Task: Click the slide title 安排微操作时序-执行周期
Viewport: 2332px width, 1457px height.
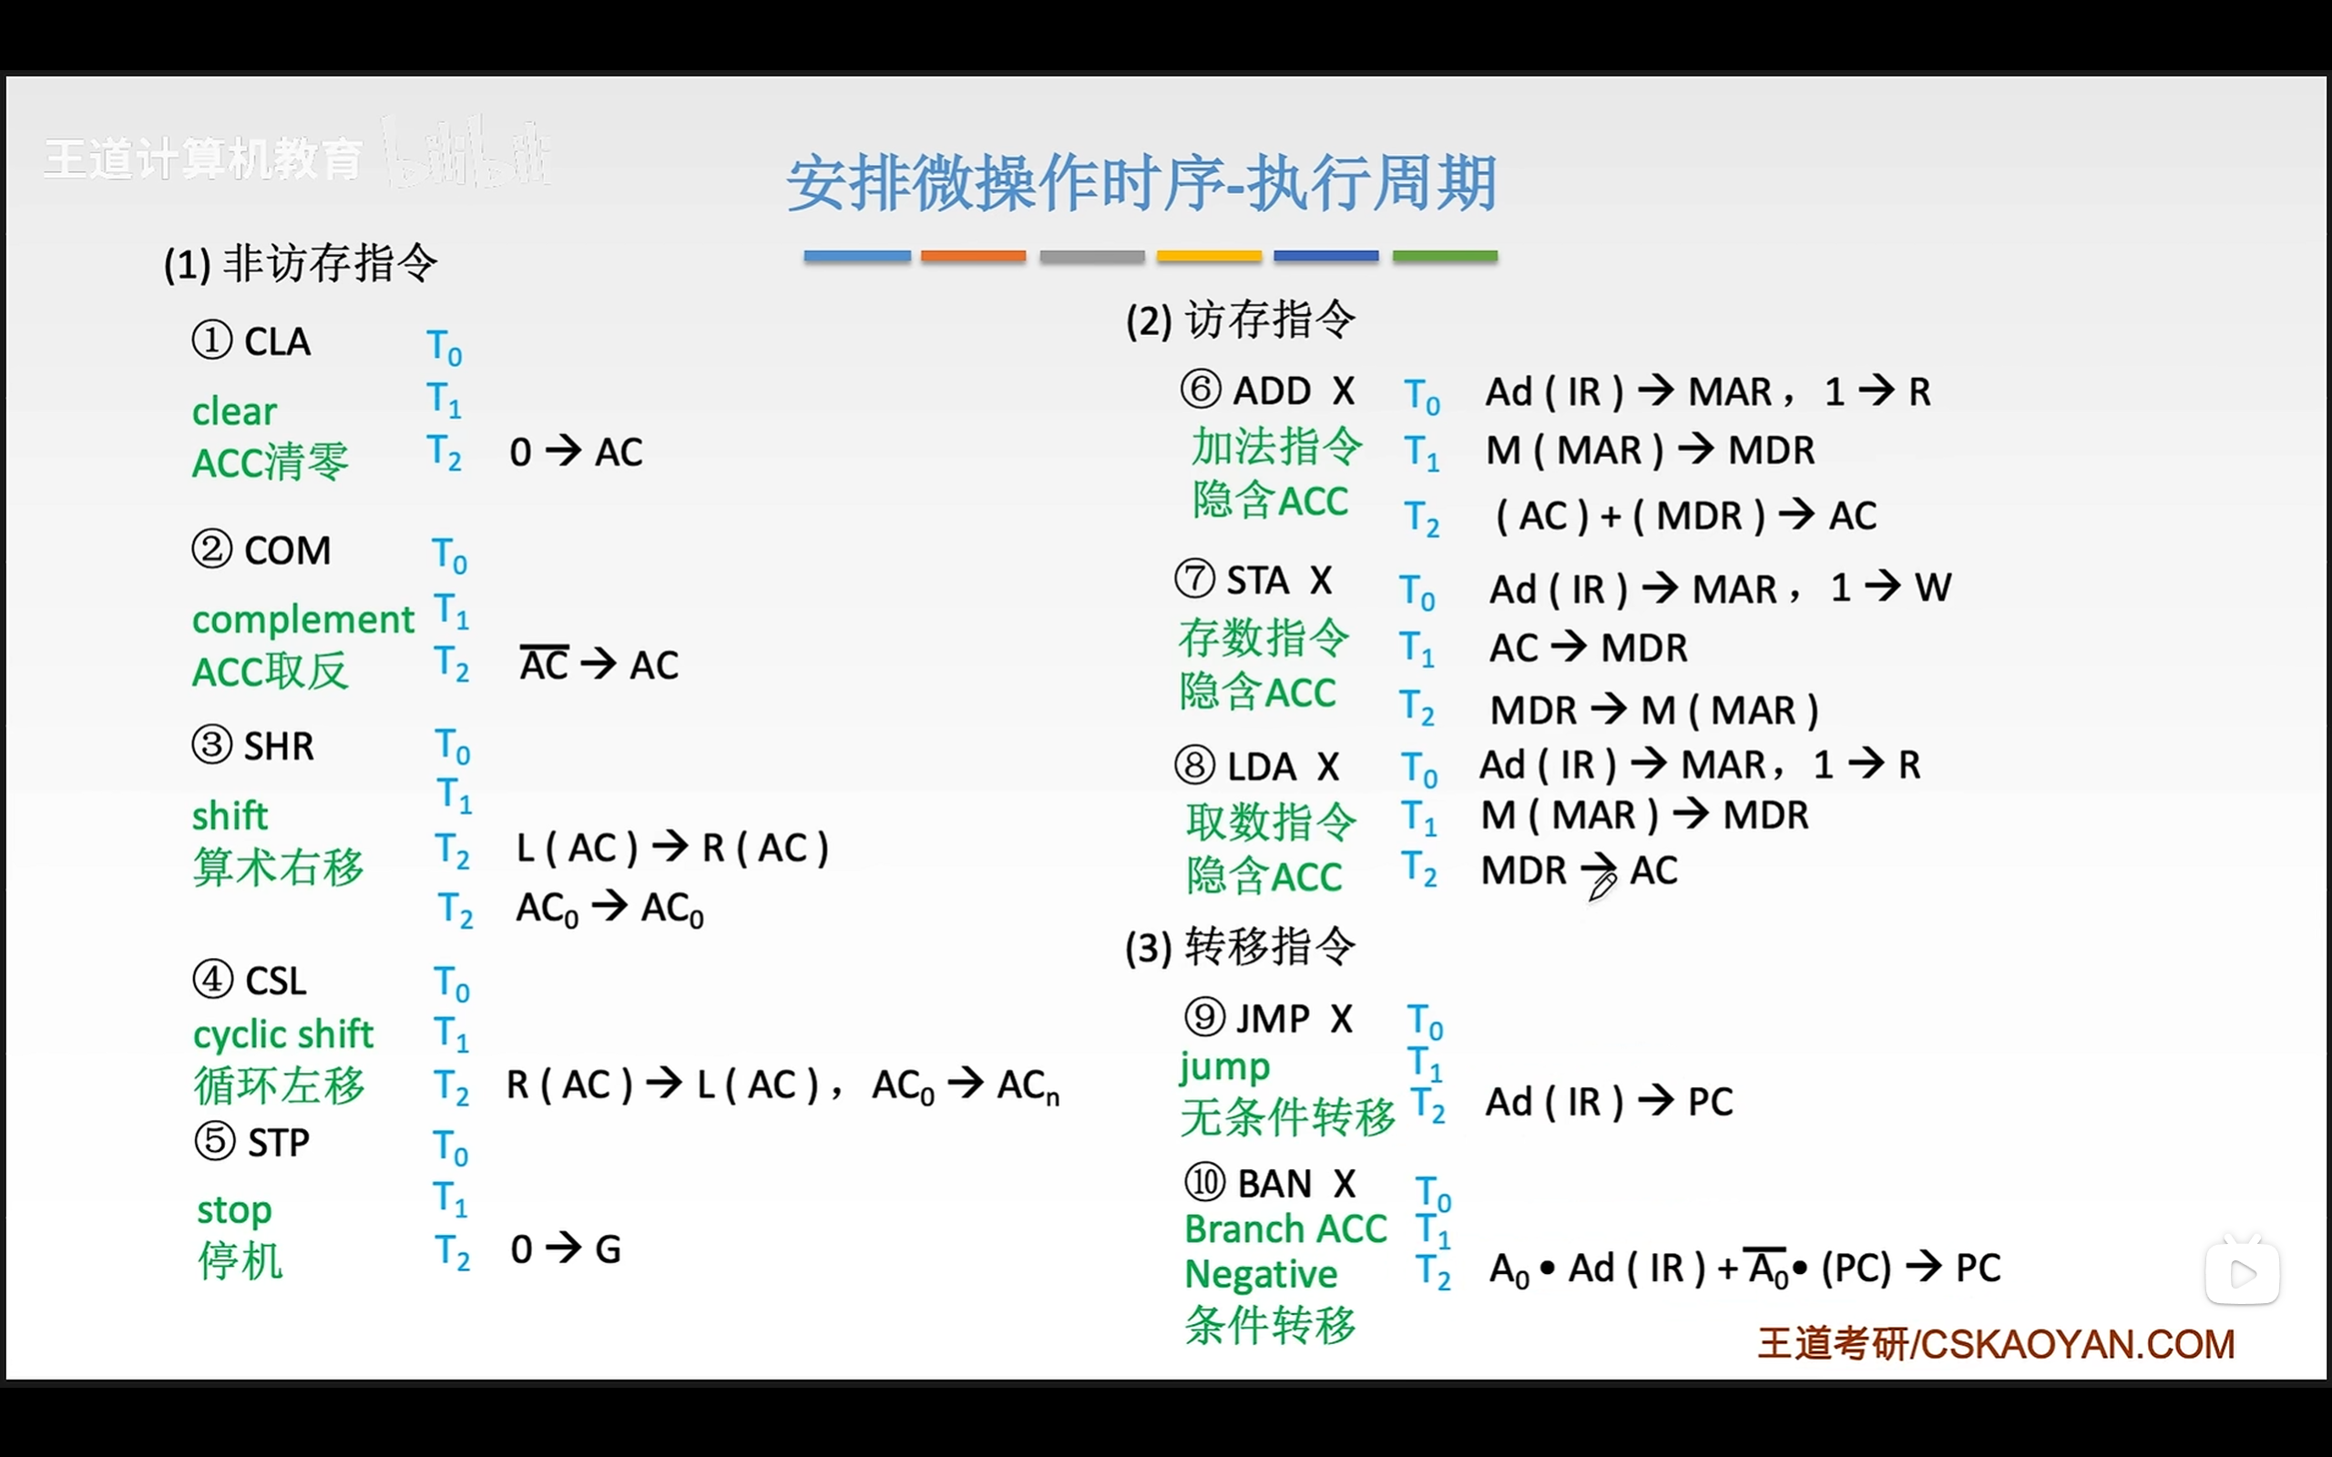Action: tap(1142, 183)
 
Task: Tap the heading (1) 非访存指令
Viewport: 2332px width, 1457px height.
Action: tap(301, 263)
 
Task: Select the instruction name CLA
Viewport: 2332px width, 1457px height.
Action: tap(278, 342)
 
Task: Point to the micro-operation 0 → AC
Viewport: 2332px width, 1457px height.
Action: tap(577, 452)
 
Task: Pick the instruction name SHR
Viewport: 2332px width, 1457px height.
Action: tap(280, 746)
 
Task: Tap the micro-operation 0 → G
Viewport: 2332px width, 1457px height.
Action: tap(566, 1248)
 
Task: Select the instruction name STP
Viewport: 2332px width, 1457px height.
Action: tap(280, 1143)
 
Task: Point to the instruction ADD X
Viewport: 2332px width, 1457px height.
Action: tap(1294, 392)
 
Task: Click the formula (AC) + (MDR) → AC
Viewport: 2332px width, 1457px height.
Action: tap(1685, 515)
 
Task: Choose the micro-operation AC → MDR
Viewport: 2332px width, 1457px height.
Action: tap(1588, 647)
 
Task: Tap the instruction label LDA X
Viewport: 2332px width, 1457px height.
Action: tap(1283, 767)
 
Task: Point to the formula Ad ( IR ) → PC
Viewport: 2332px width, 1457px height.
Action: tap(1610, 1102)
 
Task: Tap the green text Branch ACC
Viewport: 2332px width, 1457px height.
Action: tap(1285, 1229)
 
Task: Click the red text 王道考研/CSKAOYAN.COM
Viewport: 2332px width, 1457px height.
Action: tap(1996, 1344)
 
